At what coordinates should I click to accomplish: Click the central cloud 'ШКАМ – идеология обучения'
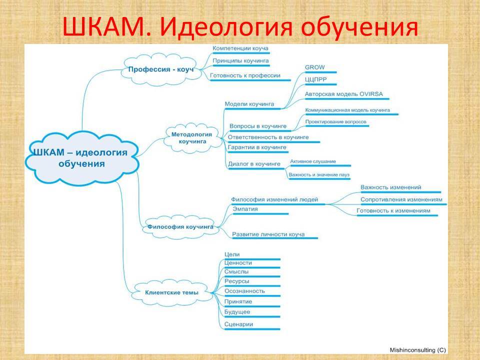(81, 158)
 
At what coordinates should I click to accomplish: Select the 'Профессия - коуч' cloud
(161, 69)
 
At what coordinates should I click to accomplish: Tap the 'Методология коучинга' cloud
(192, 138)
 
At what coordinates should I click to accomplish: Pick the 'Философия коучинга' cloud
(180, 227)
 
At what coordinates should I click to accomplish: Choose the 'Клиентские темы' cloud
(171, 292)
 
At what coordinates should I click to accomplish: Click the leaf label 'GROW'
(314, 67)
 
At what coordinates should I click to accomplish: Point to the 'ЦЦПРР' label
(316, 79)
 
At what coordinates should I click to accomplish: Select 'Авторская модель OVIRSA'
(344, 94)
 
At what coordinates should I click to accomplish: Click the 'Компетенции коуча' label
(240, 48)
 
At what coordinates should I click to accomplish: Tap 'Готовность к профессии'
(245, 75)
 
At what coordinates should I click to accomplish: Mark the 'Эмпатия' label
(245, 209)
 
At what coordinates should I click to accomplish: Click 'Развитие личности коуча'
(268, 234)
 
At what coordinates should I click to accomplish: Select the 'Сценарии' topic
(238, 324)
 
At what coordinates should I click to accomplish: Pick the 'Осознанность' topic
(244, 291)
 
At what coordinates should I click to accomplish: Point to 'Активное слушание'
(313, 161)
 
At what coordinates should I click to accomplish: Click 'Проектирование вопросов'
(335, 122)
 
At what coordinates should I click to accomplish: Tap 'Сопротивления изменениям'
(401, 199)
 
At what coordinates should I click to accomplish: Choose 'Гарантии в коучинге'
(257, 147)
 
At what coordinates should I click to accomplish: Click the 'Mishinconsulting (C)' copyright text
(418, 350)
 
